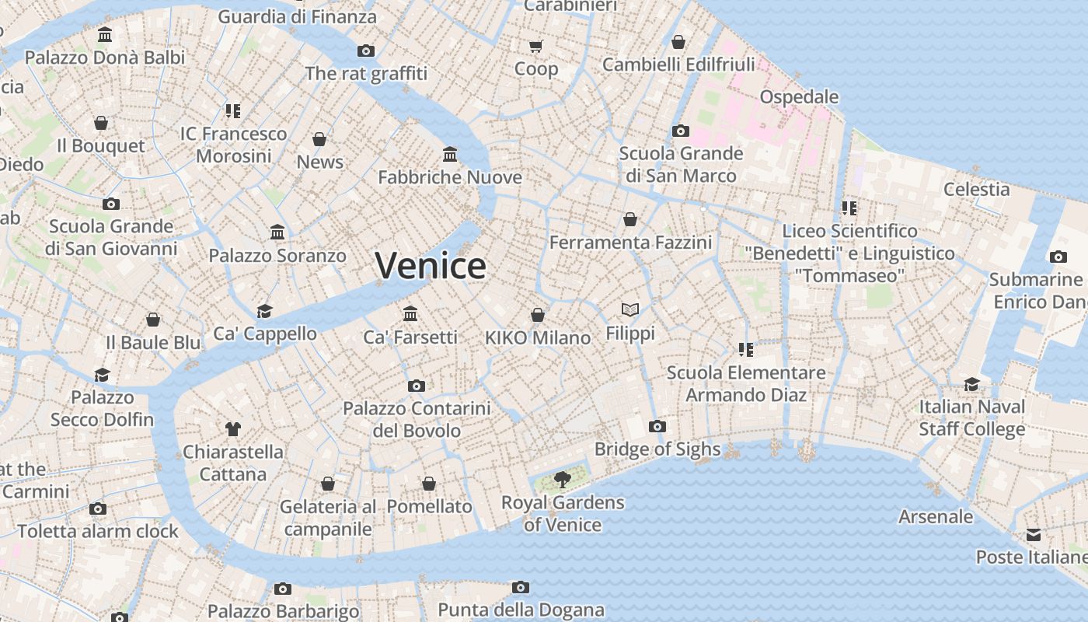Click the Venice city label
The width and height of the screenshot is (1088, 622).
(x=431, y=266)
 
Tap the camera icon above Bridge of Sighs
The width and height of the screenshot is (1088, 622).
(x=657, y=426)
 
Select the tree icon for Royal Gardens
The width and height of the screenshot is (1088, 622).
(x=562, y=480)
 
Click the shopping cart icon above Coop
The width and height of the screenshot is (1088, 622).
(x=536, y=46)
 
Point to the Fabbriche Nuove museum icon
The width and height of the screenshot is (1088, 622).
(x=450, y=154)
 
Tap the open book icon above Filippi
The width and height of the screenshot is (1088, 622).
(x=630, y=310)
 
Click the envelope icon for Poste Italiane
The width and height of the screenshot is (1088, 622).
(x=1033, y=534)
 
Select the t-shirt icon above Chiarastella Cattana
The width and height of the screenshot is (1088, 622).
(x=232, y=428)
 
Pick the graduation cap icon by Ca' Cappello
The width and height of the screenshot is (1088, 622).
(x=264, y=311)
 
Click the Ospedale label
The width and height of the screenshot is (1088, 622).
(x=799, y=97)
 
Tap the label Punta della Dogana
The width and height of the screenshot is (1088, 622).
(x=521, y=610)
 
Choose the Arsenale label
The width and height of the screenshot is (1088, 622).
(x=935, y=516)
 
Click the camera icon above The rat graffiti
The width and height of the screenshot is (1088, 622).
(x=366, y=51)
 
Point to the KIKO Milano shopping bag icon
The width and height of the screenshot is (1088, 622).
(x=538, y=315)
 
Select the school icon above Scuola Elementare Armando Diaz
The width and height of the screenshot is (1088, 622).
(x=746, y=350)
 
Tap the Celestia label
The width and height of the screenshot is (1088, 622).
(x=976, y=189)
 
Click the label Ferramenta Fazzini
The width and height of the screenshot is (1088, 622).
(x=630, y=243)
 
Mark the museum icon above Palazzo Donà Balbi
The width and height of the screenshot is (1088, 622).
(x=105, y=34)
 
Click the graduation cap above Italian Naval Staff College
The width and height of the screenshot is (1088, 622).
(x=971, y=384)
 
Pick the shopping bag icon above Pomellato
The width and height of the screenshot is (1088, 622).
(x=429, y=484)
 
